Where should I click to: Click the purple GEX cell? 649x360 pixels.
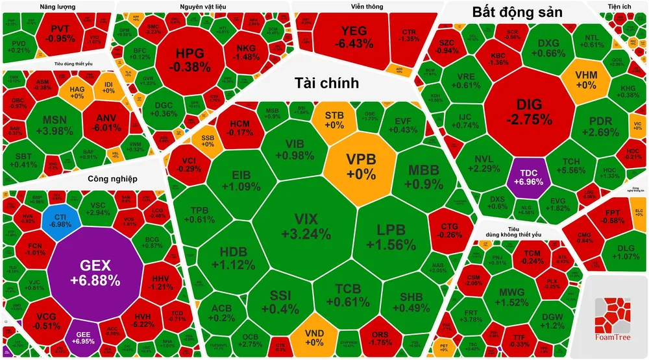[x=95, y=272]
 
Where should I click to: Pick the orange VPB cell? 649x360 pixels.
[x=361, y=165]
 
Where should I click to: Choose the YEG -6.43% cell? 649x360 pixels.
[x=353, y=37]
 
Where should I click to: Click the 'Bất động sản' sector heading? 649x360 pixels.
[x=517, y=12]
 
